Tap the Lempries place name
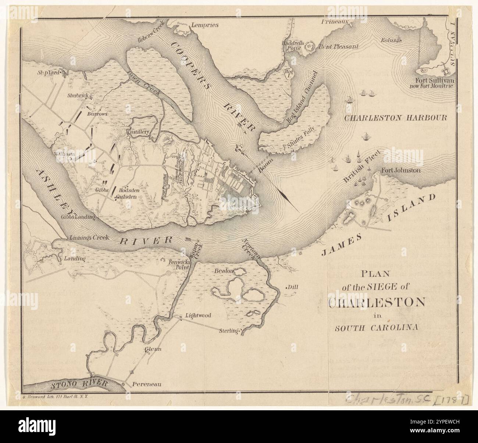(204, 25)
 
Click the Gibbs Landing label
(78, 217)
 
